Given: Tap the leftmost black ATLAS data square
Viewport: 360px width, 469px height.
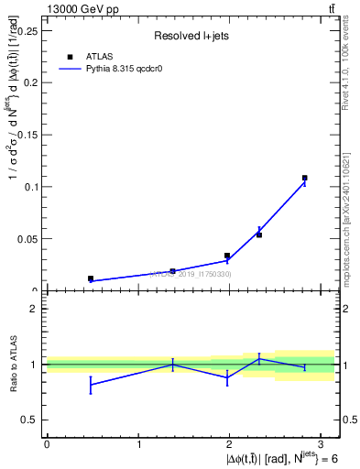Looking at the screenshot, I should click(x=91, y=278).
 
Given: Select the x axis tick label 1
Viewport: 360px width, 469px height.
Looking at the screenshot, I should click(x=138, y=444).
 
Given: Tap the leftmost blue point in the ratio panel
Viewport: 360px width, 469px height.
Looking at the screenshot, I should click(x=91, y=384).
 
